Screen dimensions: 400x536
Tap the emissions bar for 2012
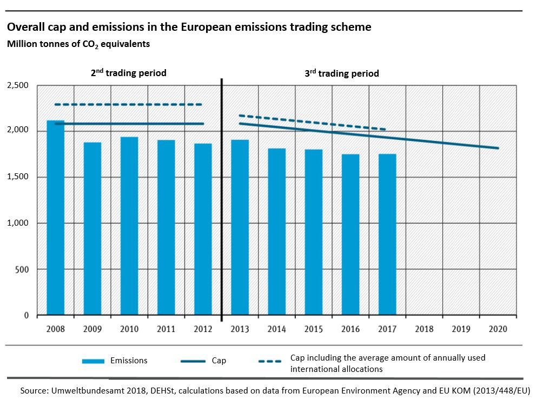203,229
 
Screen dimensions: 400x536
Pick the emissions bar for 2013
240,227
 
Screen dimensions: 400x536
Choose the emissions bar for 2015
314,232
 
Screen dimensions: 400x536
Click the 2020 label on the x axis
498,329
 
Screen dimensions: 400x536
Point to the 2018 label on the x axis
424,329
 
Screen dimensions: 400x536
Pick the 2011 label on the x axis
166,329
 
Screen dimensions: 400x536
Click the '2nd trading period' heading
128,72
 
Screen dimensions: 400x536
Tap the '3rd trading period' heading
341,73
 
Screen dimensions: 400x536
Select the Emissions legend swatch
93,361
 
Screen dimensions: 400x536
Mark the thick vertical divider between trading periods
222,200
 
